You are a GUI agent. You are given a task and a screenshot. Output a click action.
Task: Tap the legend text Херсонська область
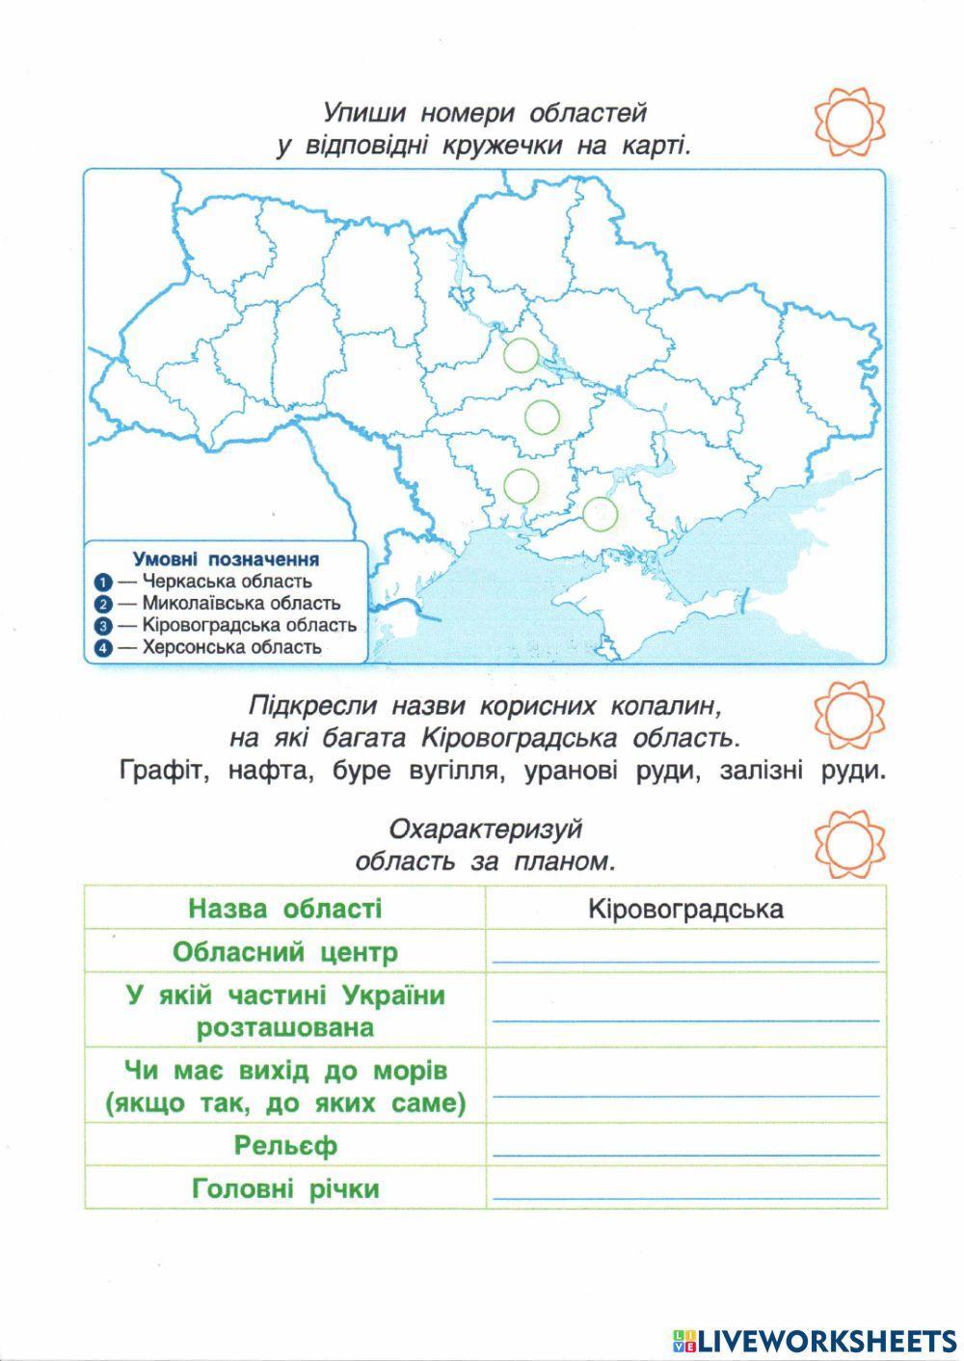231,647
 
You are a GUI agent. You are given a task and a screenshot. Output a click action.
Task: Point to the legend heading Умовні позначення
226,559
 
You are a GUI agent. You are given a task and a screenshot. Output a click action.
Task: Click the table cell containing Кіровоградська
684,909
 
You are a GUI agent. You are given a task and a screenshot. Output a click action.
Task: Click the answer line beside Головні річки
686,1197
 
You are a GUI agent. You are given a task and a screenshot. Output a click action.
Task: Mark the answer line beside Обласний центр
686,961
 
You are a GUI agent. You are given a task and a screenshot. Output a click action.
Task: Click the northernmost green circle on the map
522,355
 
